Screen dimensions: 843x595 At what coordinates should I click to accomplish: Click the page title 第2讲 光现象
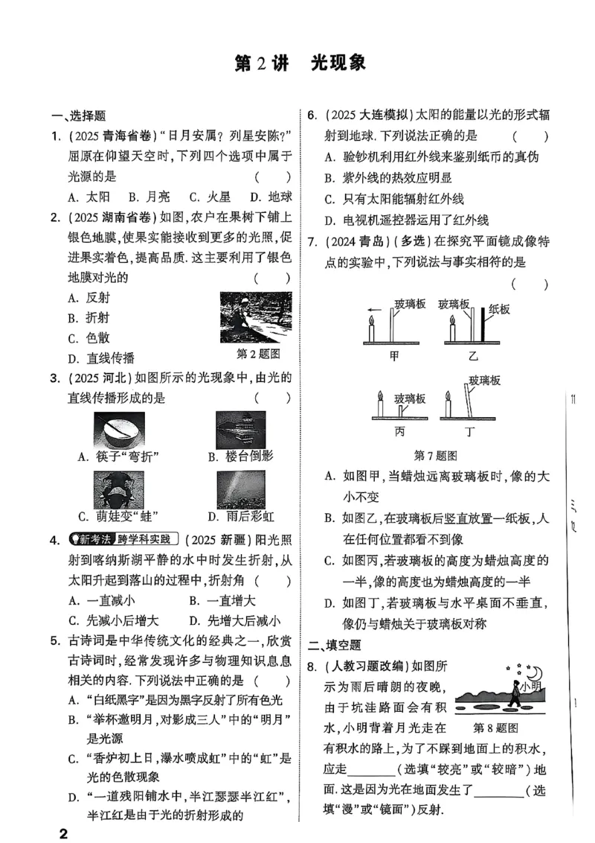point(300,63)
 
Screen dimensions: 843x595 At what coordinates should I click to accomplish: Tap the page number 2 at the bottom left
point(63,832)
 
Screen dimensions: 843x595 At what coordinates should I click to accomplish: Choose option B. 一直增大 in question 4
point(222,600)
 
